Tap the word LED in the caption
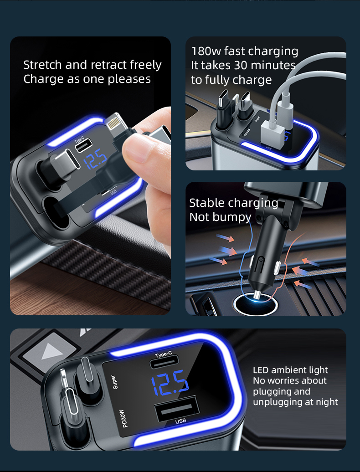pyautogui.click(x=261, y=370)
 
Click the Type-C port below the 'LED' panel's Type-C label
pyautogui.click(x=164, y=362)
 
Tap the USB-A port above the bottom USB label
pyautogui.click(x=177, y=409)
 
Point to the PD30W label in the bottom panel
pyautogui.click(x=124, y=418)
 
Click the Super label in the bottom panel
pyautogui.click(x=114, y=382)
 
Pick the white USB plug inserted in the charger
pyautogui.click(x=273, y=133)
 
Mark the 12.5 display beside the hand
pyautogui.click(x=95, y=159)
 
